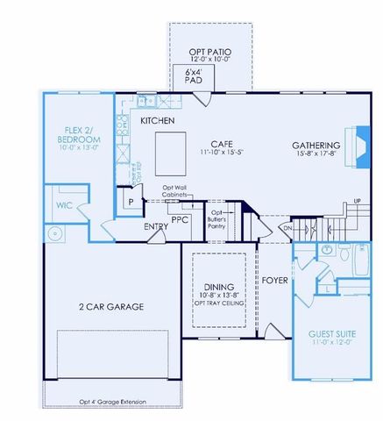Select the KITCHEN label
(x=158, y=120)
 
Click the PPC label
(x=181, y=219)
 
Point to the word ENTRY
(x=156, y=227)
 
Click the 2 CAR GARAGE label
(x=111, y=306)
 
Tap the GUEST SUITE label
(x=333, y=334)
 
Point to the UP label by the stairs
(x=356, y=202)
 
